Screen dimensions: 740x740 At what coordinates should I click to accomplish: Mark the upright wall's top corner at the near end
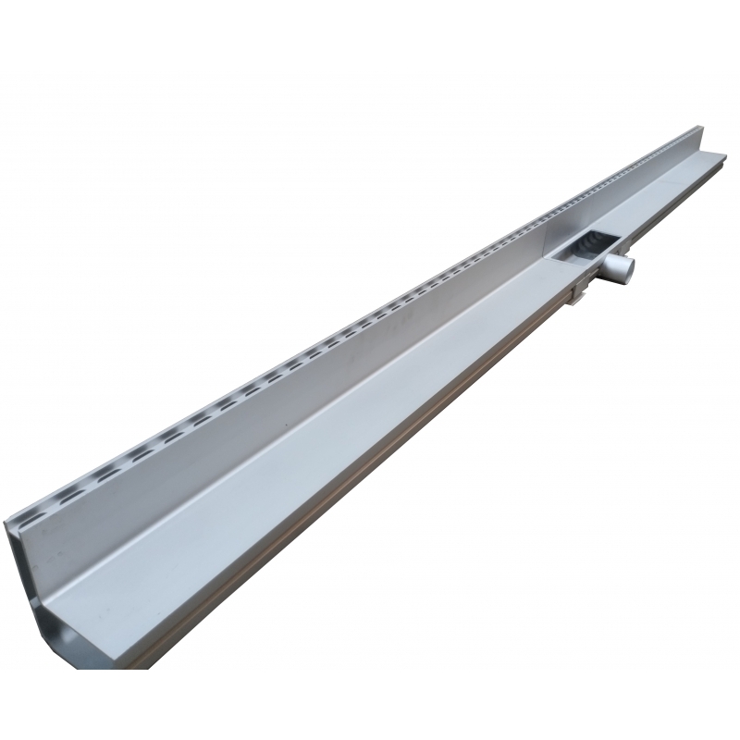7,523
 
